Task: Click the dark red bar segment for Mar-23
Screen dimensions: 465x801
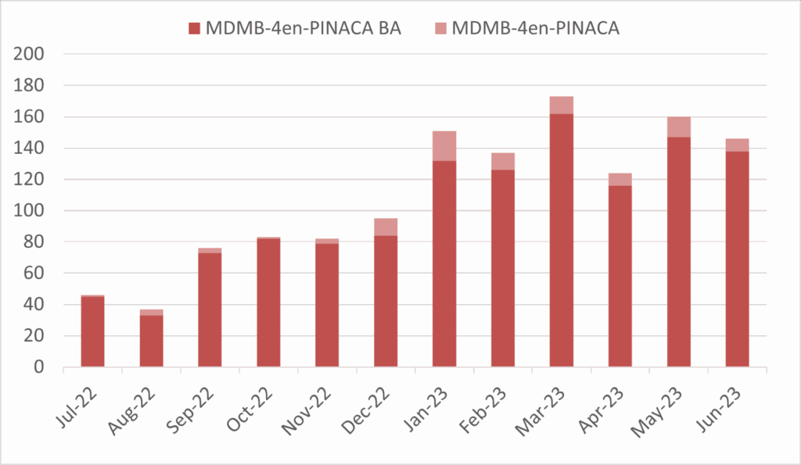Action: (x=561, y=241)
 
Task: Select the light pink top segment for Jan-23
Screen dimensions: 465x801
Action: (x=444, y=146)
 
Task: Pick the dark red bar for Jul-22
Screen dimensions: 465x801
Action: (x=92, y=331)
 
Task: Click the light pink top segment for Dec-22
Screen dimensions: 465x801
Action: (x=386, y=227)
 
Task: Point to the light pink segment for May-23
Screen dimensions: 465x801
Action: (x=678, y=127)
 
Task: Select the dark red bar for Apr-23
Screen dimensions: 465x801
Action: (x=620, y=276)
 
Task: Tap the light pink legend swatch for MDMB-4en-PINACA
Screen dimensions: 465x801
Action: (x=440, y=29)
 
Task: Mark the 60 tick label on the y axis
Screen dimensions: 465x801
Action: (x=35, y=274)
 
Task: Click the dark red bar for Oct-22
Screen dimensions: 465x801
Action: (x=268, y=302)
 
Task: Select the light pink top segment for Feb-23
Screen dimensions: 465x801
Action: (x=502, y=161)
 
